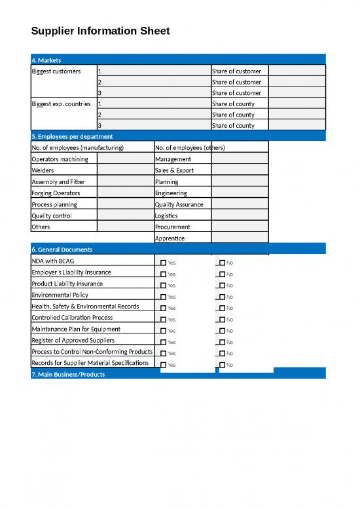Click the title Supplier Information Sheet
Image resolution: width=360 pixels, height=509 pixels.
coord(100,31)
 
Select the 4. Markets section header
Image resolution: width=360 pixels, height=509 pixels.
coord(46,60)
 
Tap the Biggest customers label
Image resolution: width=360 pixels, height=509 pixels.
coord(56,71)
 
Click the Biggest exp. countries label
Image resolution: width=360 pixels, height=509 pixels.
coord(61,104)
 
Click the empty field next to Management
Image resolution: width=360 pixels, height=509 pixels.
coord(239,159)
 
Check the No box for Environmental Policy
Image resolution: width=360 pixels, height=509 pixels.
coord(222,297)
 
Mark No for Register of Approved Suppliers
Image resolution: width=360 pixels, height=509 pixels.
coord(222,342)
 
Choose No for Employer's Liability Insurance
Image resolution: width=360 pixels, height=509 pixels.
coord(222,274)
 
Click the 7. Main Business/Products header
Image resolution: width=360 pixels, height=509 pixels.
coord(67,374)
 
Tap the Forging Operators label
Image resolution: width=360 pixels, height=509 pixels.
coord(56,193)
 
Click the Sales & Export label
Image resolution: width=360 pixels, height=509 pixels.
coord(174,170)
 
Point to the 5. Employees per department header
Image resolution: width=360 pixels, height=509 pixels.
coord(72,136)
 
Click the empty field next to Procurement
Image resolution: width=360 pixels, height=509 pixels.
coord(239,227)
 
